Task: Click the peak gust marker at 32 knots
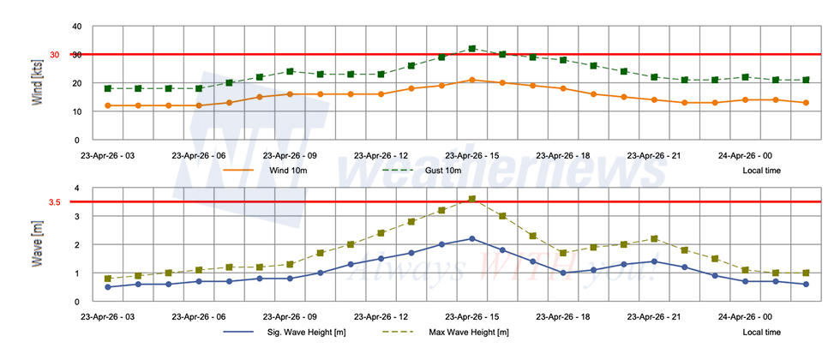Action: (472, 49)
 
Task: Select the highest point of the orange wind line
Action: (472, 80)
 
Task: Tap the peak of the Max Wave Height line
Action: (472, 199)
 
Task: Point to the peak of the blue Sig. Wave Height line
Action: (472, 239)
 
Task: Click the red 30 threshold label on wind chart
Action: (54, 55)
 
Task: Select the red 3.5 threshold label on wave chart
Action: (54, 202)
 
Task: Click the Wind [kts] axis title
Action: (38, 83)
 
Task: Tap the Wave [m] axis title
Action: (38, 244)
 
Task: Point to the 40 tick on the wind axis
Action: (75, 27)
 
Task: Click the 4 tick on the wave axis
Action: (77, 188)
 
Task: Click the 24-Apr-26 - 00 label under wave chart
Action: (746, 316)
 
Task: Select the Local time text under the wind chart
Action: (761, 170)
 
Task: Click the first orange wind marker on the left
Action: (108, 105)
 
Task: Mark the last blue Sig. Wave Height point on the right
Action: (806, 285)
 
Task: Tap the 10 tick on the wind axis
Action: (75, 111)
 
